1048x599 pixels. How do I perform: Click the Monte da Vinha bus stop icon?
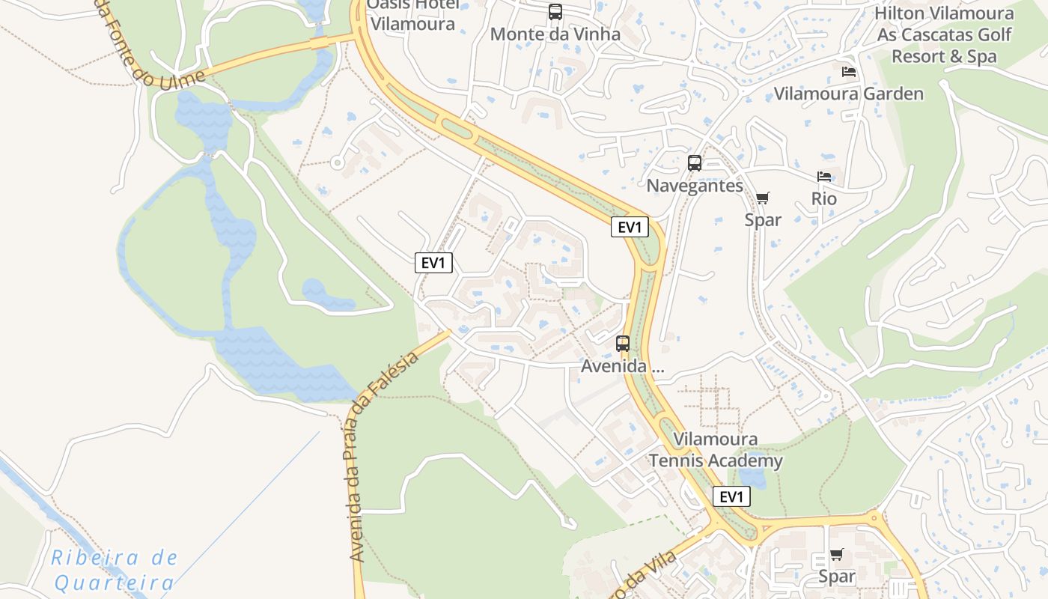coord(555,12)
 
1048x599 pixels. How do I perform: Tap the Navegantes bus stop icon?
coord(695,163)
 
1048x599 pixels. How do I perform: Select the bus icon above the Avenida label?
coord(623,344)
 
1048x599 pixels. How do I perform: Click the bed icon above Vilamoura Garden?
coord(849,72)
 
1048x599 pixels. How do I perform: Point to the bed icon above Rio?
coord(824,177)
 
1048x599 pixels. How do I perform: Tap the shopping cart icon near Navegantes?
coord(762,198)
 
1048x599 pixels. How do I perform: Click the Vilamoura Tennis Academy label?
coord(715,450)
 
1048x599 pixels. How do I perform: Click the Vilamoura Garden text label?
coord(848,94)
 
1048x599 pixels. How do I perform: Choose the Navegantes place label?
coord(695,186)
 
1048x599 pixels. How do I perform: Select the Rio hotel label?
coord(824,199)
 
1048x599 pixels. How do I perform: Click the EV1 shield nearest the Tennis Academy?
coord(731,496)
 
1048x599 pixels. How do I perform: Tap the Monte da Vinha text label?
coord(555,34)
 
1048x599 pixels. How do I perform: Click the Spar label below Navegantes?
coord(763,219)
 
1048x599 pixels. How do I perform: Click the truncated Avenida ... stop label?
coord(623,367)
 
